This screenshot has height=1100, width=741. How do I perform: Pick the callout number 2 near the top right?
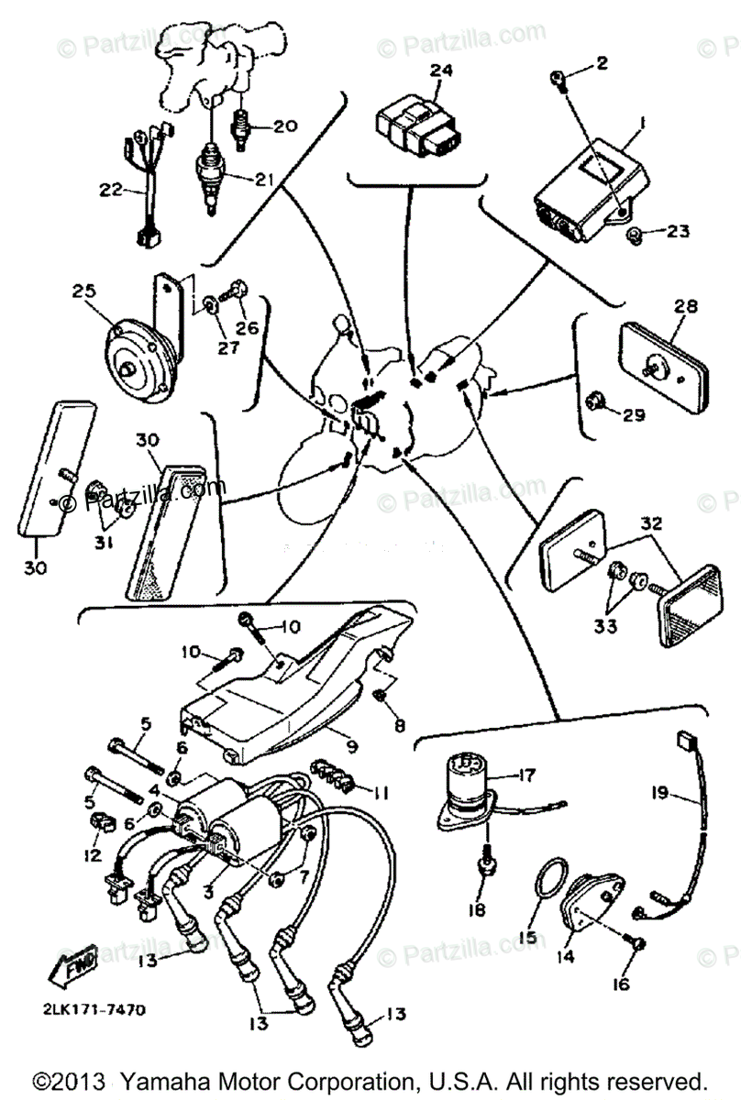coord(601,63)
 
